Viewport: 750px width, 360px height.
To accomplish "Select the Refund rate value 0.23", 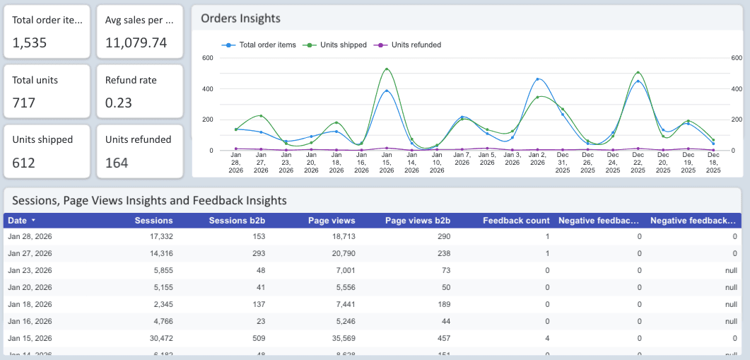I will [x=118, y=103].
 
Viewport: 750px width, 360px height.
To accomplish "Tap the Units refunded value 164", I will [x=117, y=163].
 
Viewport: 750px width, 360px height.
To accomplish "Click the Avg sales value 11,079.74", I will [x=136, y=43].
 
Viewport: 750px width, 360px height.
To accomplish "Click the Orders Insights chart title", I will [x=240, y=18].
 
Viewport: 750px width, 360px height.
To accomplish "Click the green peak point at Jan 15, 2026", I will [x=387, y=69].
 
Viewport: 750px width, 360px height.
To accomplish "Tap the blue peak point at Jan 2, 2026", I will [x=538, y=79].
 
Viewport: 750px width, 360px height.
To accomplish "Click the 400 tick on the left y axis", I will [x=208, y=88].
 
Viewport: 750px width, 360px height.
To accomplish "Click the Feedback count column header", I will [x=516, y=221].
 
